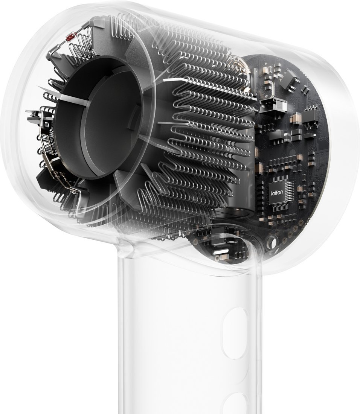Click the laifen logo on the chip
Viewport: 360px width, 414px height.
pyautogui.click(x=277, y=193)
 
